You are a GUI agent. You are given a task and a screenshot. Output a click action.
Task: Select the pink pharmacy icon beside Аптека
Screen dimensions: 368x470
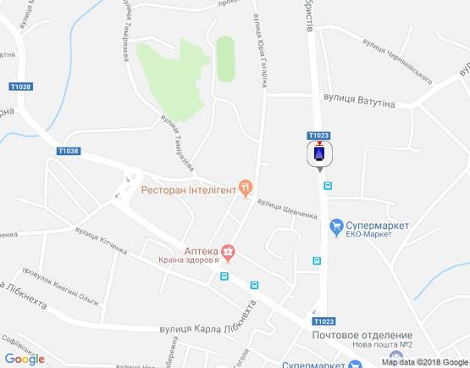228,251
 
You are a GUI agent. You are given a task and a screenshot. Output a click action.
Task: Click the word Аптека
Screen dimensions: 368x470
202,251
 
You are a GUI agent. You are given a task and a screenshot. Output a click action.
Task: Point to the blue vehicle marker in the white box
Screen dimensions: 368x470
319,154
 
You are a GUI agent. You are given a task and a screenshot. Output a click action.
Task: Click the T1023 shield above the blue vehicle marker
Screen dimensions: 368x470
319,135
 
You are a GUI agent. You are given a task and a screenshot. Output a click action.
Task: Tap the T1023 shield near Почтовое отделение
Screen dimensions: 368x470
321,321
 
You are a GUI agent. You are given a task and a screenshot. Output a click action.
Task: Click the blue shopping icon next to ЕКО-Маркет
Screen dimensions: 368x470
337,226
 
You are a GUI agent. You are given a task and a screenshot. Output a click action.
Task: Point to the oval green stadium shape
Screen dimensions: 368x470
225,59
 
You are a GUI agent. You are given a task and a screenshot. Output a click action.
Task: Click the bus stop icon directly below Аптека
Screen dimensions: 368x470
224,276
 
